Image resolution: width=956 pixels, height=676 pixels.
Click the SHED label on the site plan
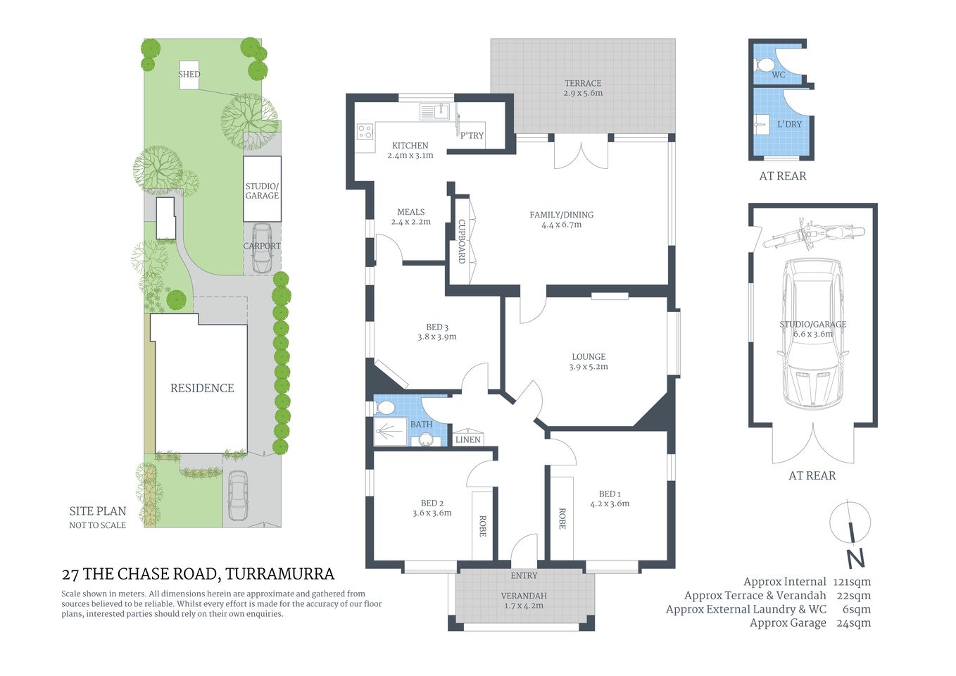tap(189, 74)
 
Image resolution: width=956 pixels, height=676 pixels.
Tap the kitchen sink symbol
tap(434, 111)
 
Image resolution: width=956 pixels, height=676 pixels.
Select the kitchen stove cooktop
tap(365, 132)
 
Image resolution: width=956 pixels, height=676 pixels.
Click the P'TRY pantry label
tap(472, 135)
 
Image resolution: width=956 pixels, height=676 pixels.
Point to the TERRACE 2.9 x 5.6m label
tap(583, 88)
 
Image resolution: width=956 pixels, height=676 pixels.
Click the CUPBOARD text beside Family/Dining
tap(462, 242)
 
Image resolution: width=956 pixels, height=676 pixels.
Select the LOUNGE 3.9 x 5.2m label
tap(589, 361)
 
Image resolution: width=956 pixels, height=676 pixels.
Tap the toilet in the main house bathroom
tap(385, 407)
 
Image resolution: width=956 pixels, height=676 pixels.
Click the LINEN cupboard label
tap(467, 439)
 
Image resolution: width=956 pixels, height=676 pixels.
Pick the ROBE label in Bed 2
tap(483, 526)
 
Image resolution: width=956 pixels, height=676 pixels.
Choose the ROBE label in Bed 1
tap(562, 519)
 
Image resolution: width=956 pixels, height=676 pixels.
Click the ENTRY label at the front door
tap(524, 575)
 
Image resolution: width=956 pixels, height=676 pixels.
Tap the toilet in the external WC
tap(763, 65)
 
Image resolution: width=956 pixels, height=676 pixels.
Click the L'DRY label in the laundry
tap(789, 124)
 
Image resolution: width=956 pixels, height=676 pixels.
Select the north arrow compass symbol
tap(852, 534)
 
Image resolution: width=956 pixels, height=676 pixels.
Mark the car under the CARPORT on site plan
tap(261, 248)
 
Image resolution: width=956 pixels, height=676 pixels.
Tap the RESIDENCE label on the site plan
tap(202, 388)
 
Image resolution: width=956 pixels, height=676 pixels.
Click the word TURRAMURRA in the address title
tap(280, 574)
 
